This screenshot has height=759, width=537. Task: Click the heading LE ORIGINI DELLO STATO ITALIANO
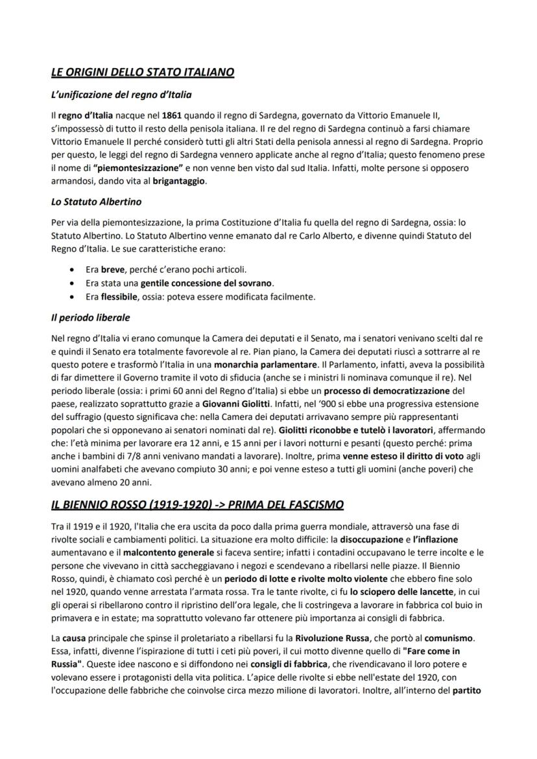coord(142,73)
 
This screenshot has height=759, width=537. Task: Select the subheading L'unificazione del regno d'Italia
coord(121,95)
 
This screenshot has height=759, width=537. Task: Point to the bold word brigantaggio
coord(179,181)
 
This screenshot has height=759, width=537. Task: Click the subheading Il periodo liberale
coord(91,318)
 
